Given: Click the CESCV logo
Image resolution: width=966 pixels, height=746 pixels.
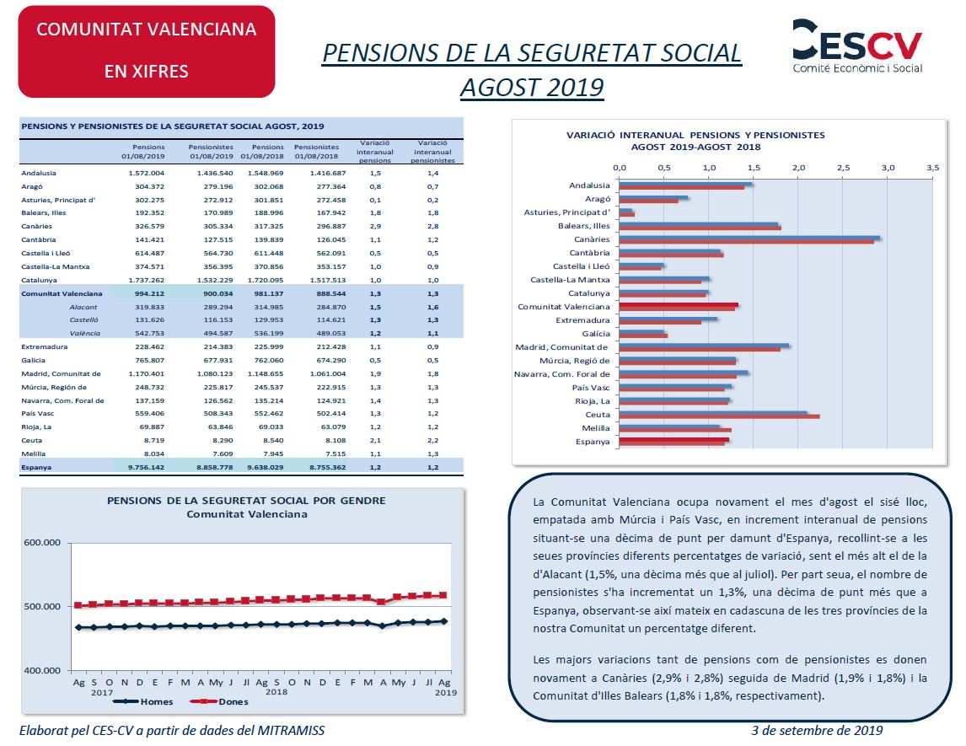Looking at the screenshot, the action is point(857,46).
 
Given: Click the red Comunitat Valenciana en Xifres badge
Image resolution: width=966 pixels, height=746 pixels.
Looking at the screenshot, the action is point(147,51).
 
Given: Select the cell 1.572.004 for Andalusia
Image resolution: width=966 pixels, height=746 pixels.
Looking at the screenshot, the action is point(147,173).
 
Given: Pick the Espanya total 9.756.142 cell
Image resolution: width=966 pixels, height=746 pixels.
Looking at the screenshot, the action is point(147,468).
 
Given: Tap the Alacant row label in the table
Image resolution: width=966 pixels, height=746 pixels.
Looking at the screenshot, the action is point(83,307).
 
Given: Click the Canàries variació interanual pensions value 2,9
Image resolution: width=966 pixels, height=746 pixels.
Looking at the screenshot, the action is point(375,226).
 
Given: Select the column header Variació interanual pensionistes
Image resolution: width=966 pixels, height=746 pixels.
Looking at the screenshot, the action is point(432,152).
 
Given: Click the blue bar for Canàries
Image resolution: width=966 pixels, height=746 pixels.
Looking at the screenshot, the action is point(749,237).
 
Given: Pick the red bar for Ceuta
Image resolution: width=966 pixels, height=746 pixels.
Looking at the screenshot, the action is point(719,417).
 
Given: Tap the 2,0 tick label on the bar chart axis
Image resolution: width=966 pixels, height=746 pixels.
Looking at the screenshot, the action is point(798,168).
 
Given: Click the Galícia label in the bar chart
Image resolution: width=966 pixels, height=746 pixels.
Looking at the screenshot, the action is point(596,334).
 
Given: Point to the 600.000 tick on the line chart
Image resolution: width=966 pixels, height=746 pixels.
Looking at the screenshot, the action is point(42,543).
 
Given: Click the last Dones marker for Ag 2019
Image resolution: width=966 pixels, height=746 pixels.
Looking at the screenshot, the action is point(443,595).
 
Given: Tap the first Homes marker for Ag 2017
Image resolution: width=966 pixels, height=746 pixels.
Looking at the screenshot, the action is point(79,627).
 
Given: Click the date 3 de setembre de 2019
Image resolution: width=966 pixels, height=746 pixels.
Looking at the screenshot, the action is point(817,731).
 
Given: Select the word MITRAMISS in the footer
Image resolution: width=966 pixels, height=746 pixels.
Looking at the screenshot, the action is point(291,731).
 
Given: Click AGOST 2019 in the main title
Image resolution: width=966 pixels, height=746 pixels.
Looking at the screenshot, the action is point(532,88).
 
